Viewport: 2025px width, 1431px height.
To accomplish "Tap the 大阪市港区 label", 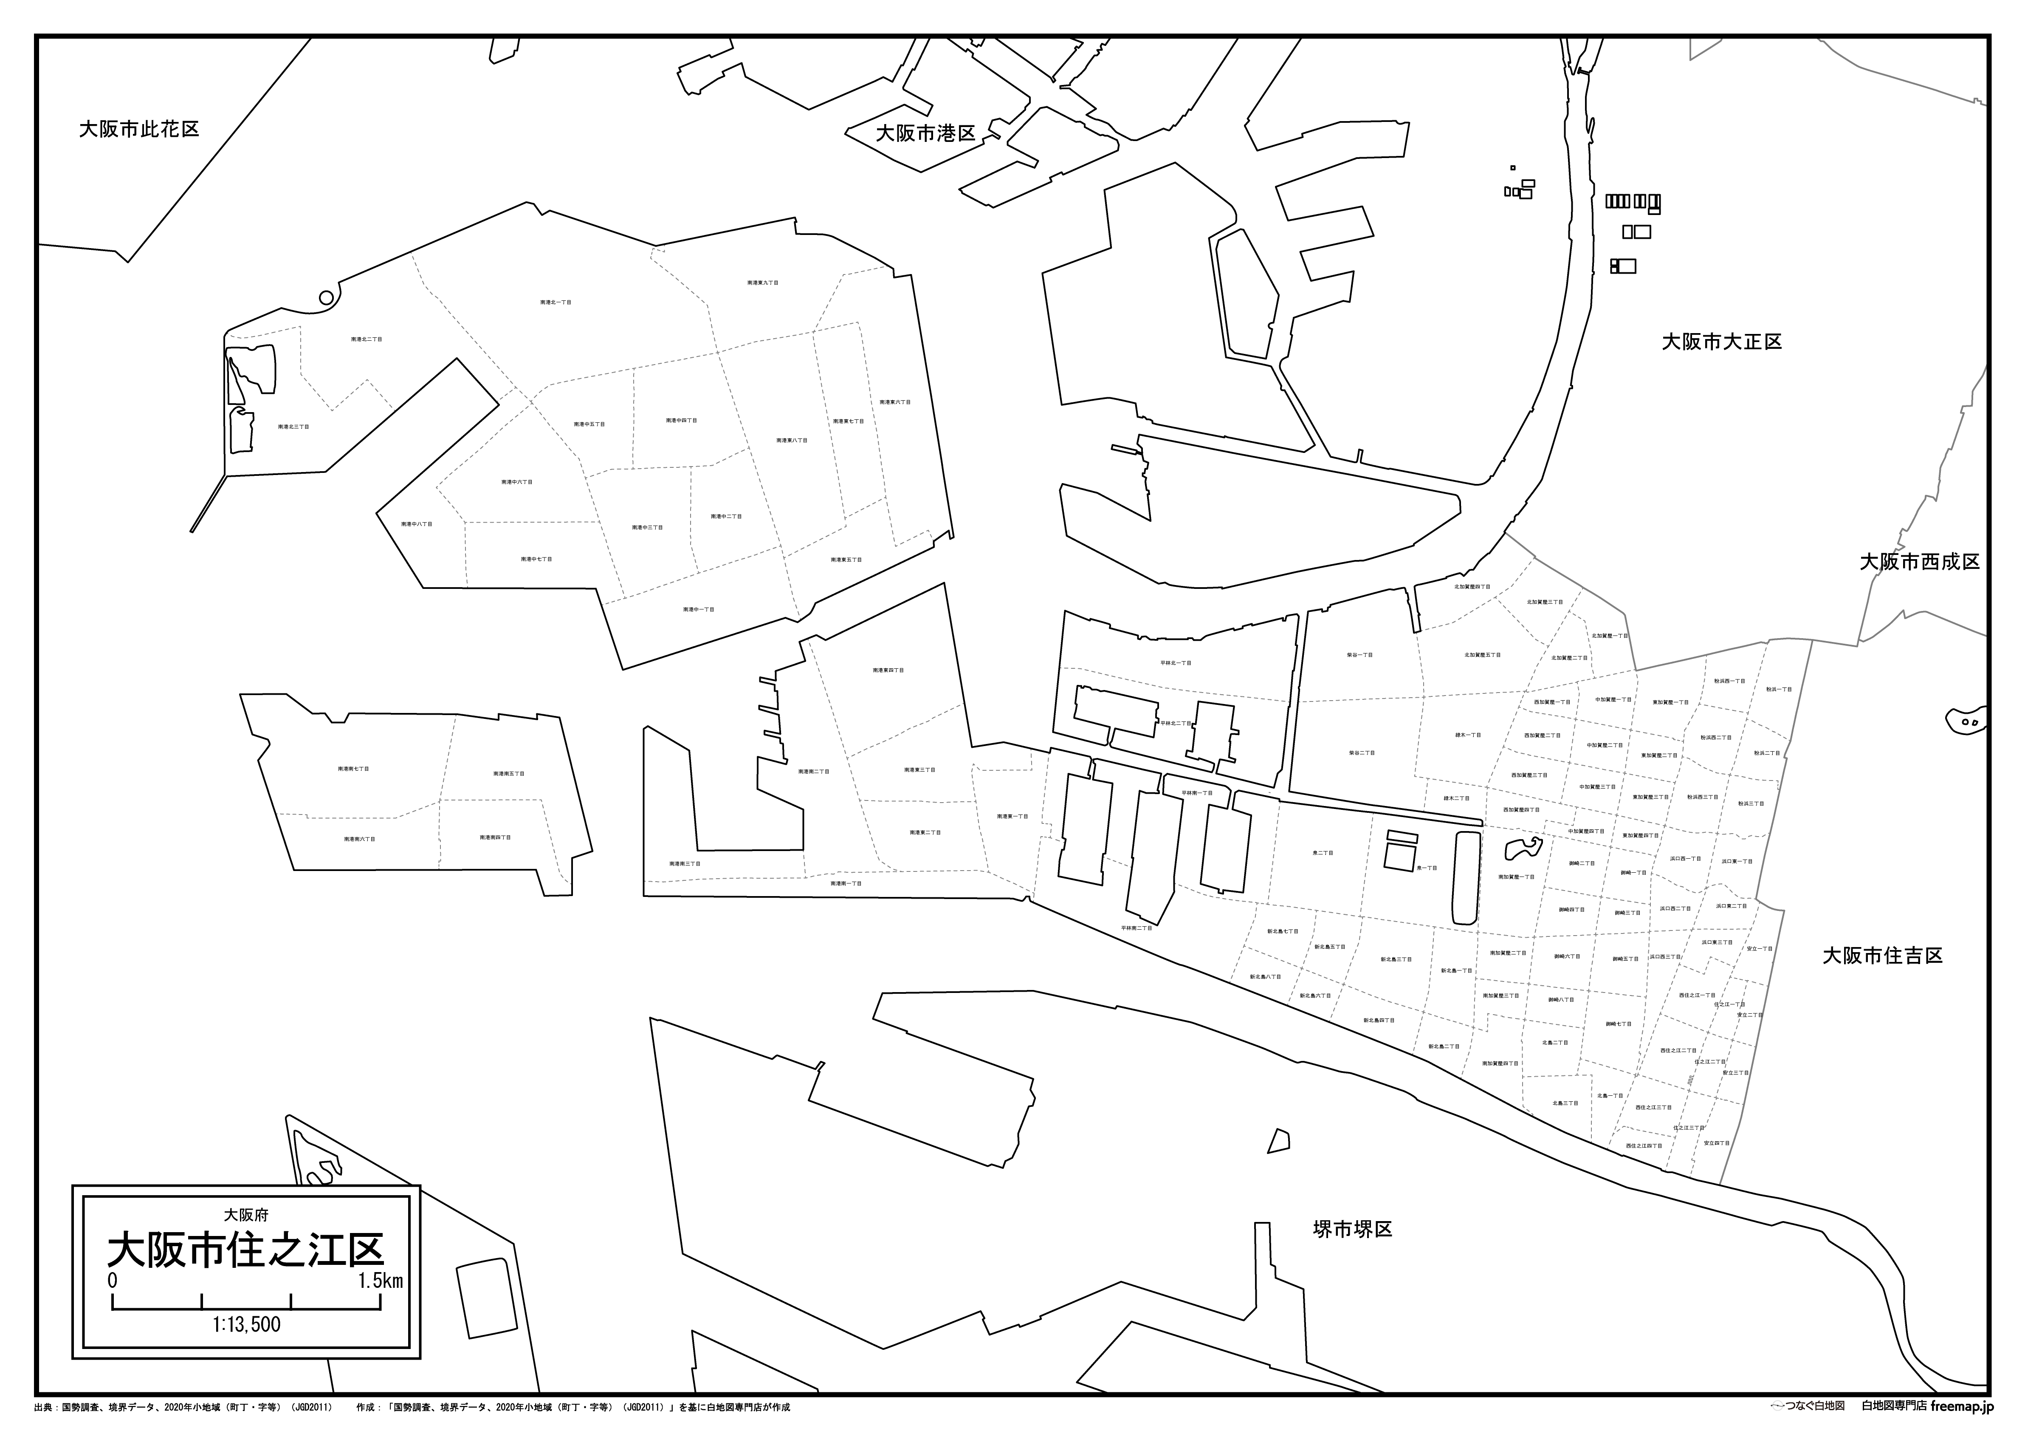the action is pos(925,133).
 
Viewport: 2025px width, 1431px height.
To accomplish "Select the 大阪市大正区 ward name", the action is pos(1722,342).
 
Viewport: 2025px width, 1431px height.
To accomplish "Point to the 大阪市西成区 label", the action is pos(1919,562).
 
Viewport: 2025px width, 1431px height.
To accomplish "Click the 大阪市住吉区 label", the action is pos(1882,956).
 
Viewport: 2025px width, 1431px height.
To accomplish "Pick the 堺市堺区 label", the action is pos(1352,1229).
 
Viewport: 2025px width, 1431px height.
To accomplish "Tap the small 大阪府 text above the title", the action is pos(246,1215).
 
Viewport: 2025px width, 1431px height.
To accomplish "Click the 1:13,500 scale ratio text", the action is pos(246,1324).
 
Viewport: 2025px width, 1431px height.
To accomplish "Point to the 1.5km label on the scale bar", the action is pos(380,1280).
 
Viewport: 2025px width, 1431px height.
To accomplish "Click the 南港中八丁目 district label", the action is pos(416,524).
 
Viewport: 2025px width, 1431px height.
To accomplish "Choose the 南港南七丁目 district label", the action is pos(353,769).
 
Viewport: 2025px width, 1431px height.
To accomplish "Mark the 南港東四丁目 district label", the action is pos(888,670).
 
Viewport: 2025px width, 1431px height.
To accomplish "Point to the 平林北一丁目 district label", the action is pos(1176,662).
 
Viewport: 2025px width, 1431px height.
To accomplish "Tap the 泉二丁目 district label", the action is pos(1323,853).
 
